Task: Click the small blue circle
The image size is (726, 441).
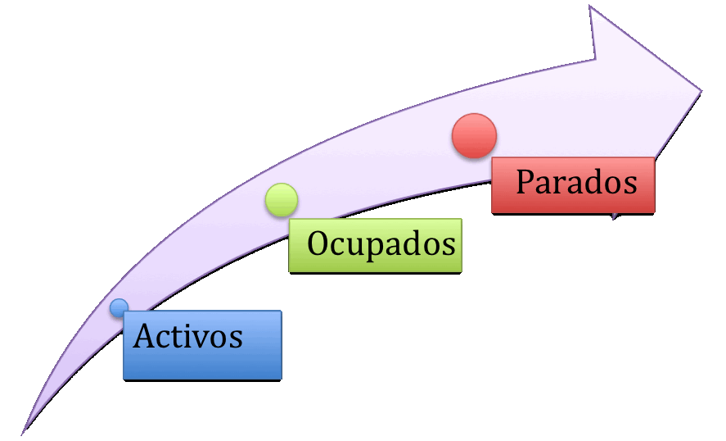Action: click(x=119, y=307)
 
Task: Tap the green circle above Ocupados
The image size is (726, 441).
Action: click(x=282, y=200)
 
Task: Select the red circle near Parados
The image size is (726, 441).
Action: click(x=474, y=135)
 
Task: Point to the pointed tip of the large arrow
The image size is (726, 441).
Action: click(x=701, y=89)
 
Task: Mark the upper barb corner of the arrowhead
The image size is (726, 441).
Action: click(x=591, y=7)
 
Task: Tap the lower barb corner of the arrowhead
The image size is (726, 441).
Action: click(x=614, y=218)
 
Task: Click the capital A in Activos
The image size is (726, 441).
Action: click(x=145, y=335)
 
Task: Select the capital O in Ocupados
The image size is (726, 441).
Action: click(x=319, y=243)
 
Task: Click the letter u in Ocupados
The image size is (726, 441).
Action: click(x=358, y=245)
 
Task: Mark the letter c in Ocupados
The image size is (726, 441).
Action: click(x=340, y=245)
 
